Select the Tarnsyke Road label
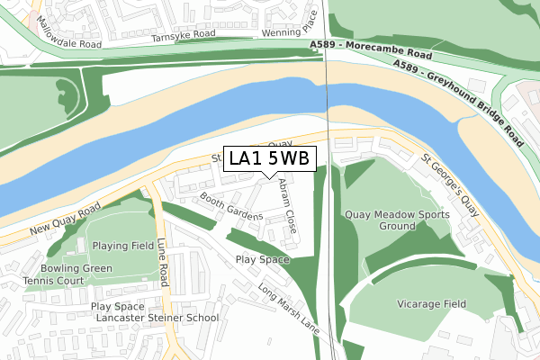pyautogui.click(x=184, y=34)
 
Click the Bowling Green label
pyautogui.click(x=76, y=268)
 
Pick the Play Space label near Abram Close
pyautogui.click(x=263, y=259)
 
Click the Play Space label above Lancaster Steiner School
pyautogui.click(x=117, y=306)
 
